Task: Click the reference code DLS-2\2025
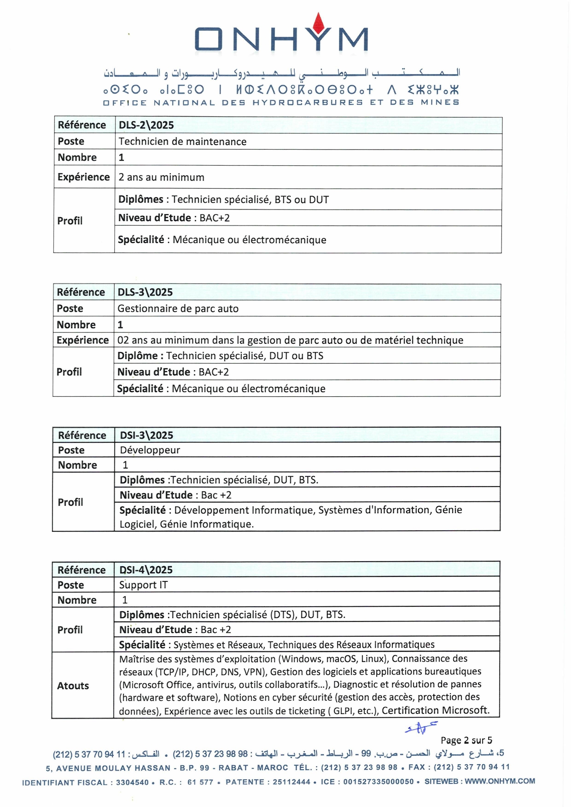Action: (146, 125)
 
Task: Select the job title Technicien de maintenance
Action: (182, 142)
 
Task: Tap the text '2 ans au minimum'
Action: (161, 178)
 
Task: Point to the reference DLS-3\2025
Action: (145, 292)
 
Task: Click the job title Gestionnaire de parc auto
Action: (178, 309)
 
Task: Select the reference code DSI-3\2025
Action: (146, 435)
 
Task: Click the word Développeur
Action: (150, 450)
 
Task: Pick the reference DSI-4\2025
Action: (146, 570)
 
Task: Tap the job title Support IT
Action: (143, 585)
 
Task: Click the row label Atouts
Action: (73, 686)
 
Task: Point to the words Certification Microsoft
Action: (435, 710)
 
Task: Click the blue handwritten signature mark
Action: (420, 727)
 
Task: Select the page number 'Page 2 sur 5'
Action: (466, 740)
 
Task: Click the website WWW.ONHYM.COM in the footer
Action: (500, 781)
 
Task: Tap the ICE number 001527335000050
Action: (378, 782)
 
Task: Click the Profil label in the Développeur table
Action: (70, 502)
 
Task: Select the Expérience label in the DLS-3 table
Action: (82, 340)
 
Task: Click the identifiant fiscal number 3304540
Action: (132, 782)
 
